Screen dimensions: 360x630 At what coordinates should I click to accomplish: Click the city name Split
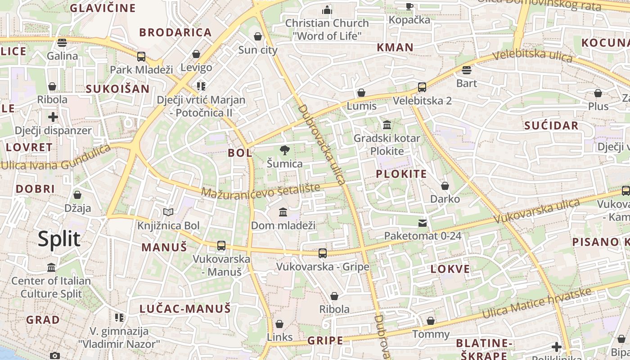tap(59, 239)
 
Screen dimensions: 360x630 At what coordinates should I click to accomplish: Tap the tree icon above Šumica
tap(284, 150)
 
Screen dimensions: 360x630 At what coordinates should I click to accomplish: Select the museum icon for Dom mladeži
tap(283, 212)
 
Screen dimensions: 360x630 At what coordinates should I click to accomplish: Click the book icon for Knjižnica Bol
tap(168, 212)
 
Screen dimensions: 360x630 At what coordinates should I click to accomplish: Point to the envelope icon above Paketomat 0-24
tap(422, 223)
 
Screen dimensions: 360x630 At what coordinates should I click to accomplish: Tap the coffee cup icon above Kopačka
tap(409, 6)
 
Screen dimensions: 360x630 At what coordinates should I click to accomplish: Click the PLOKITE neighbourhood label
tap(401, 174)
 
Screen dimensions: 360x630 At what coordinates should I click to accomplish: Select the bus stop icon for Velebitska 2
tap(422, 87)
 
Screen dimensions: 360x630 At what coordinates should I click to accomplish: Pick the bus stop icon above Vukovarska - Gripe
tap(322, 253)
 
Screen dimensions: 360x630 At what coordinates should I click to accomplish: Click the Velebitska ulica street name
tap(532, 56)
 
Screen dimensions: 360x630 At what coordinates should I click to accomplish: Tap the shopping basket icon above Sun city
tap(258, 36)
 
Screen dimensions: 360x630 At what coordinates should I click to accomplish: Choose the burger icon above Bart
tap(466, 70)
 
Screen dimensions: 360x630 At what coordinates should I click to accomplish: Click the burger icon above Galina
tap(62, 43)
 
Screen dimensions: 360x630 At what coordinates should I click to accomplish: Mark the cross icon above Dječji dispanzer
tap(53, 117)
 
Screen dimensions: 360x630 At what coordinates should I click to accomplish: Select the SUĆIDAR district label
tap(551, 126)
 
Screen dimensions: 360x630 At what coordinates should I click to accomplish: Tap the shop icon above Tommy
tap(431, 321)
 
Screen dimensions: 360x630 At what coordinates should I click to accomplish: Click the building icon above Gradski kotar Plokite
tap(387, 125)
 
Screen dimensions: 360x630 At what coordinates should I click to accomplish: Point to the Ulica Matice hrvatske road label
tap(536, 304)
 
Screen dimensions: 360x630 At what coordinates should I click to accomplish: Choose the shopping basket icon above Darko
tap(445, 186)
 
